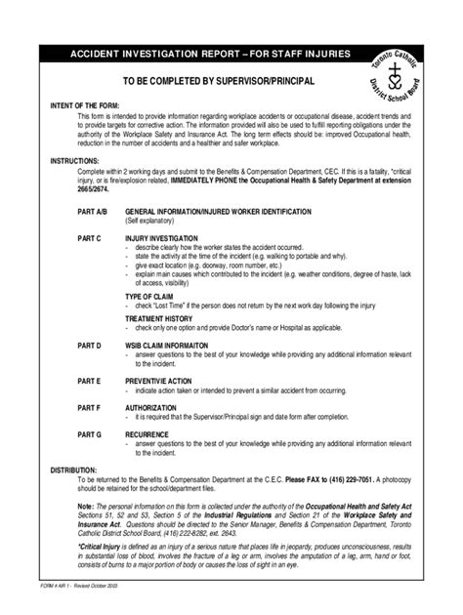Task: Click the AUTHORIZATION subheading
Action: (x=150, y=406)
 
